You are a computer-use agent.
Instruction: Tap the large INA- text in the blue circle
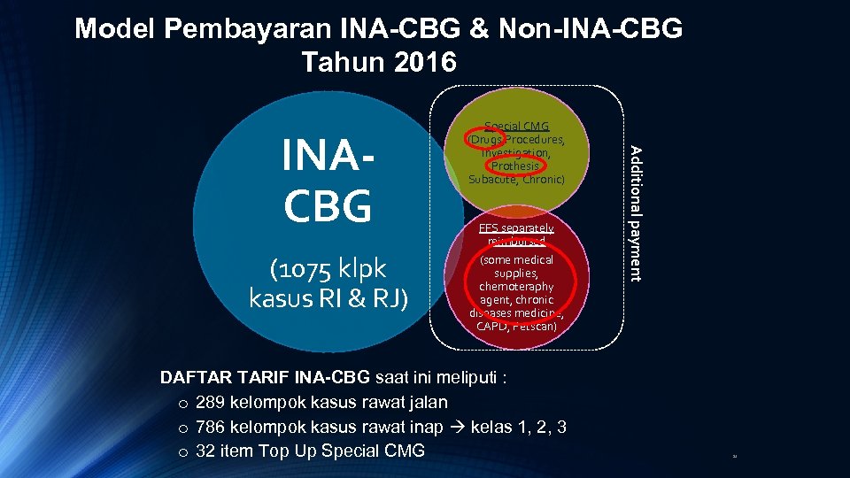[x=328, y=157]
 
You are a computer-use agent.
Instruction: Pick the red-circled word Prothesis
[x=514, y=166]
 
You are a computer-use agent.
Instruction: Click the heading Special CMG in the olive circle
[x=517, y=127]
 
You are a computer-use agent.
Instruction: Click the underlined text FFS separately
[x=516, y=227]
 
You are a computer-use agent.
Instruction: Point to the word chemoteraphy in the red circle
[x=517, y=286]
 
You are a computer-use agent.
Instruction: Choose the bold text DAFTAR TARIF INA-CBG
[x=266, y=378]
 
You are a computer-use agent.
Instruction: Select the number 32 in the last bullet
[x=206, y=451]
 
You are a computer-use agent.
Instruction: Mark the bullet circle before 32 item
[x=181, y=451]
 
